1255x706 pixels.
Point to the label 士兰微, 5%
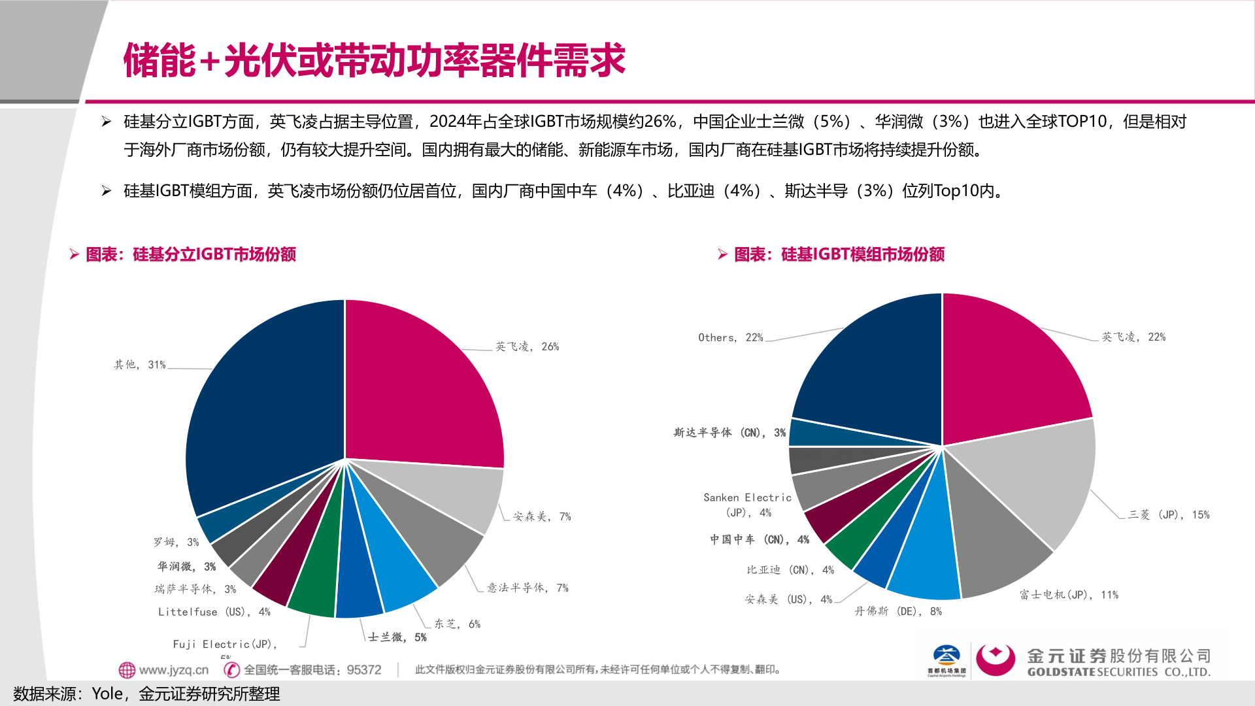coord(397,637)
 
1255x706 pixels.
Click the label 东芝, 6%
coord(457,624)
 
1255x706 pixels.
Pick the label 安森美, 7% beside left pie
coord(541,516)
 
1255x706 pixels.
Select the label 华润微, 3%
coord(186,566)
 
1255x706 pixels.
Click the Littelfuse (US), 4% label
coord(214,611)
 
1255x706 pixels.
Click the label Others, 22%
coord(730,337)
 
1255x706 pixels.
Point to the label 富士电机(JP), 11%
coord(1068,594)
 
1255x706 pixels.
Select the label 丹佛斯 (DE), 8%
coord(897,611)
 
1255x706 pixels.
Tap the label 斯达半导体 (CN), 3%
coord(729,432)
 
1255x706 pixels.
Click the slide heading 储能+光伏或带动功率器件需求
coord(374,60)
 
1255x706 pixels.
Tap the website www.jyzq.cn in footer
coord(173,669)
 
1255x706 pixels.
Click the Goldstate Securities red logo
coord(995,660)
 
